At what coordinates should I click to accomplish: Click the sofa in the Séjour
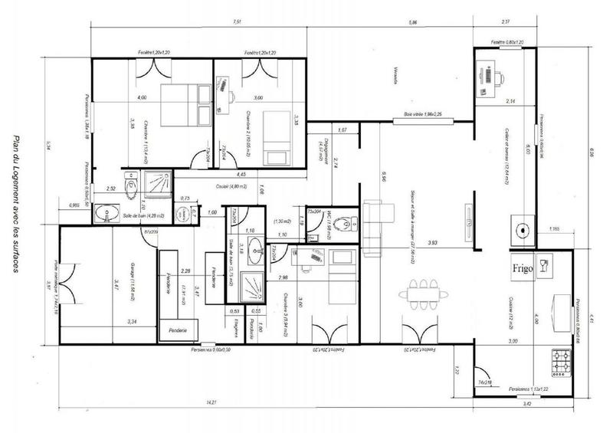[x=373, y=227]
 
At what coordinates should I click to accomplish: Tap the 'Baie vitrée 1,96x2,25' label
[x=424, y=114]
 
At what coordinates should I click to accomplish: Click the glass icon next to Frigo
[x=544, y=265]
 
